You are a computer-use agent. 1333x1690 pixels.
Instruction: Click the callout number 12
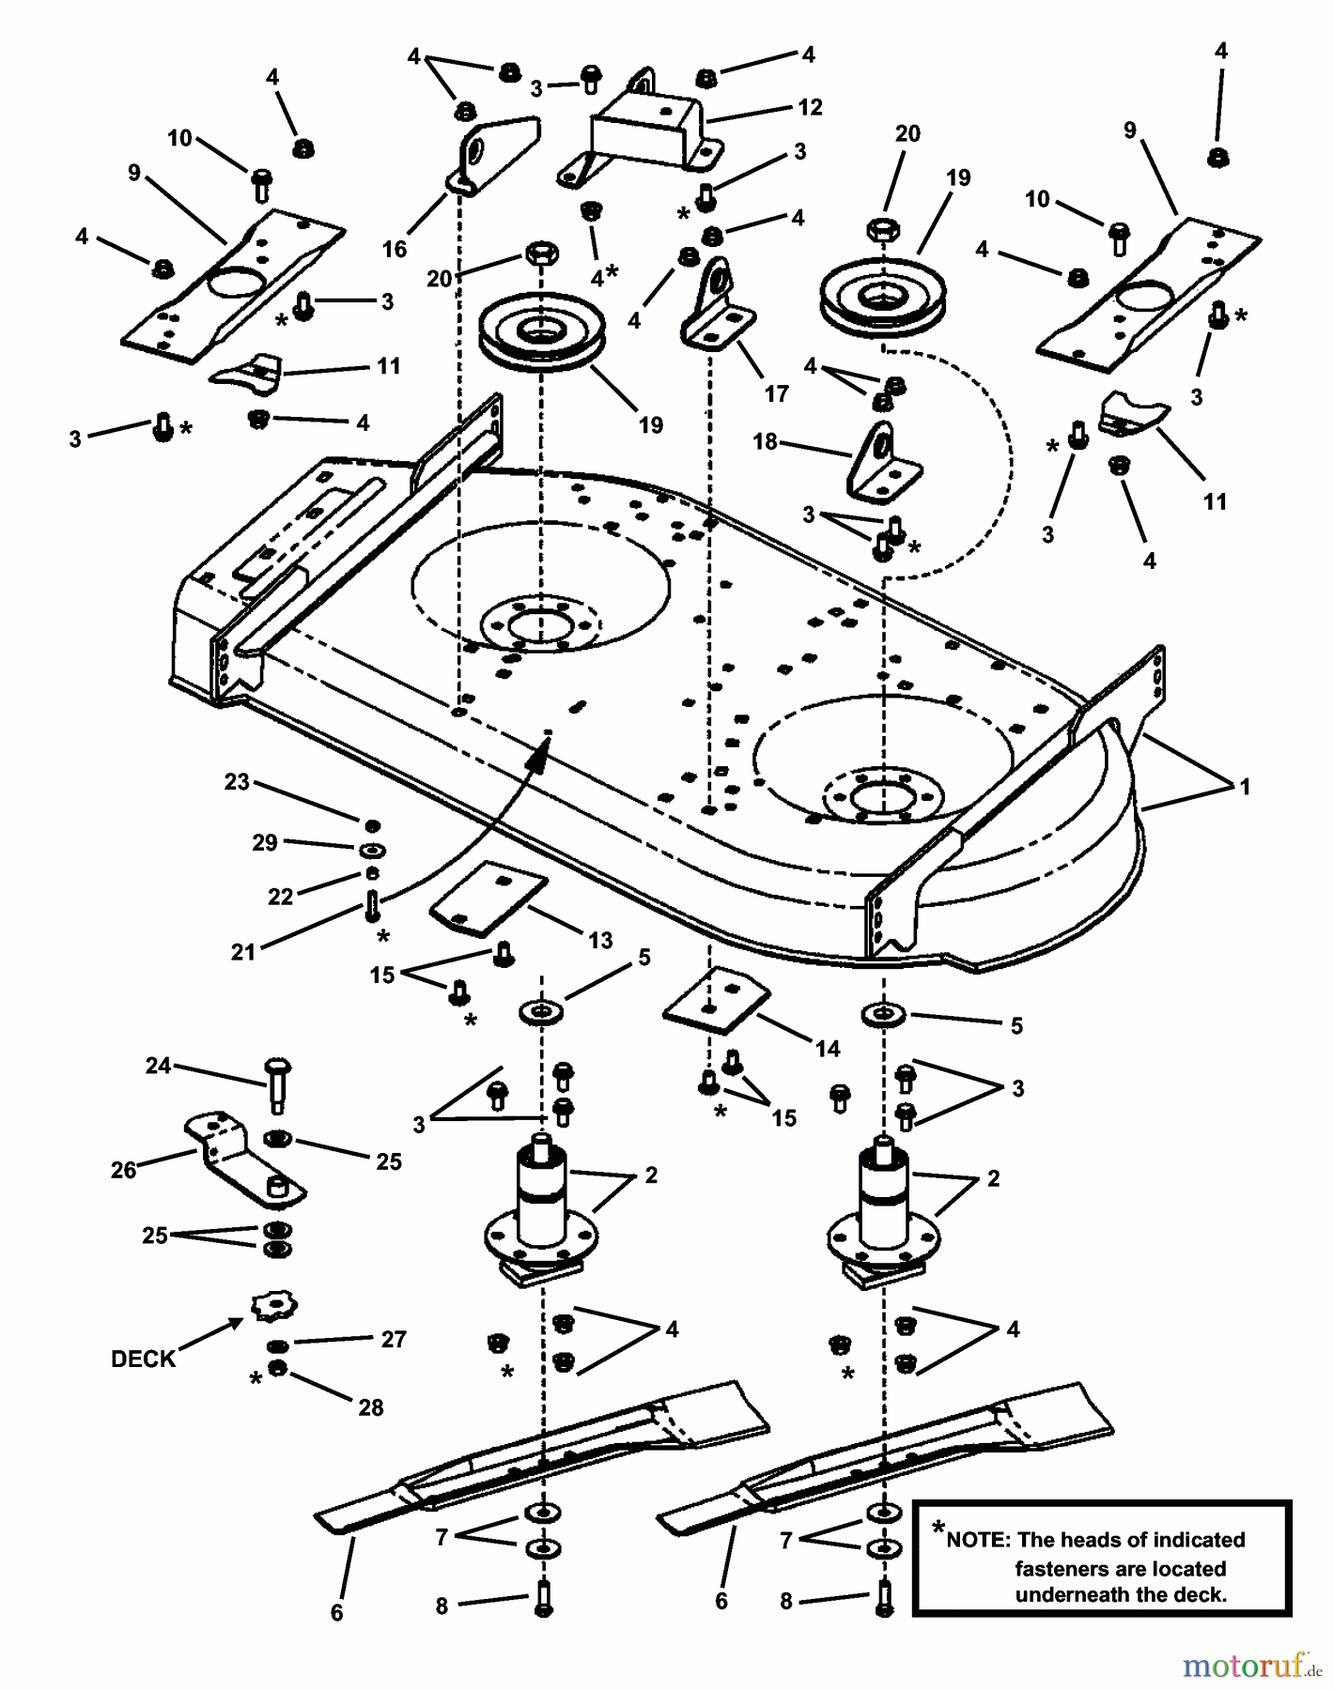(809, 108)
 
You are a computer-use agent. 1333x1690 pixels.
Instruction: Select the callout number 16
(395, 249)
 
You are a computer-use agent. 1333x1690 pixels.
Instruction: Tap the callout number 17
(776, 393)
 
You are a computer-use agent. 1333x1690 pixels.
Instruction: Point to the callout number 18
(766, 440)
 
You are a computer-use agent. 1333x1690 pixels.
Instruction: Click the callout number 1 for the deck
(1245, 787)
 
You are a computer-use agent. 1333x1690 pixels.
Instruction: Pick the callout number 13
(600, 940)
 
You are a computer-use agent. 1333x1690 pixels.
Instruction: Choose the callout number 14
(828, 1048)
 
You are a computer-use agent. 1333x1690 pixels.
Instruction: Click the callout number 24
(158, 1066)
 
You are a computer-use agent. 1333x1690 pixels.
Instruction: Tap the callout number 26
(124, 1170)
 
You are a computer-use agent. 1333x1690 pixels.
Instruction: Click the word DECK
(143, 1360)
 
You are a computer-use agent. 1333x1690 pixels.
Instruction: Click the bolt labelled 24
(279, 1083)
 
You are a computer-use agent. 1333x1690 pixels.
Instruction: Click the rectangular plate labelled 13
(488, 899)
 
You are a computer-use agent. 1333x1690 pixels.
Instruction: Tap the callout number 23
(237, 782)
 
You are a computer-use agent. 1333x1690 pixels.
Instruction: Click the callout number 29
(265, 842)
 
